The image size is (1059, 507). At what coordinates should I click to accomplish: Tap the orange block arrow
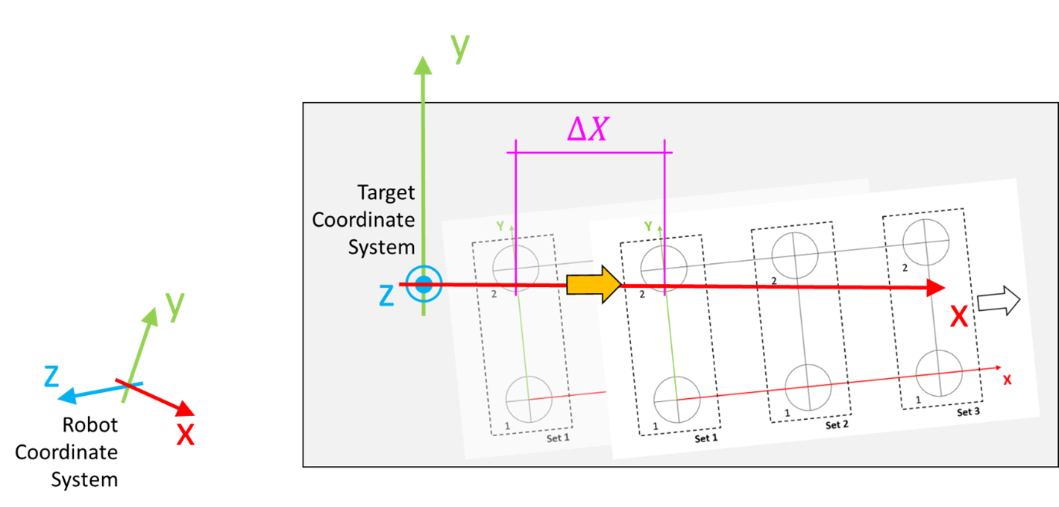pyautogui.click(x=594, y=285)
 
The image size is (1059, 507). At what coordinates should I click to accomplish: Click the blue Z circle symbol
pyautogui.click(x=424, y=284)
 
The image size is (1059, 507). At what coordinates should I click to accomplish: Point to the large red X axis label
pyautogui.click(x=958, y=317)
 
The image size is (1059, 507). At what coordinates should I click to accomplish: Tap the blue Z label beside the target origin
pyautogui.click(x=386, y=296)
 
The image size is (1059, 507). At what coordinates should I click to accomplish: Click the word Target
pyautogui.click(x=386, y=192)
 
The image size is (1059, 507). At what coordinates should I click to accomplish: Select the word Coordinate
pyautogui.click(x=363, y=220)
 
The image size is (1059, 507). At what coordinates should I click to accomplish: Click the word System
pyautogui.click(x=381, y=247)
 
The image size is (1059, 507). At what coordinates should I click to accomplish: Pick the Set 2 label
pyautogui.click(x=837, y=425)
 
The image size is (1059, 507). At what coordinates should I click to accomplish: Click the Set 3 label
pyautogui.click(x=969, y=412)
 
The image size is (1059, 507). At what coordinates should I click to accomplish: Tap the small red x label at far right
pyautogui.click(x=1007, y=380)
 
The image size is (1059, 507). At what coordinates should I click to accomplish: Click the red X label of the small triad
pyautogui.click(x=185, y=434)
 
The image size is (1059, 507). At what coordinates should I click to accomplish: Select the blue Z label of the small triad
pyautogui.click(x=51, y=377)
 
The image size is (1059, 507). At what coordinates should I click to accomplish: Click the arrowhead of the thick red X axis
pyautogui.click(x=936, y=288)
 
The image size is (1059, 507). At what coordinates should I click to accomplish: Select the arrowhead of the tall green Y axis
pyautogui.click(x=423, y=66)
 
